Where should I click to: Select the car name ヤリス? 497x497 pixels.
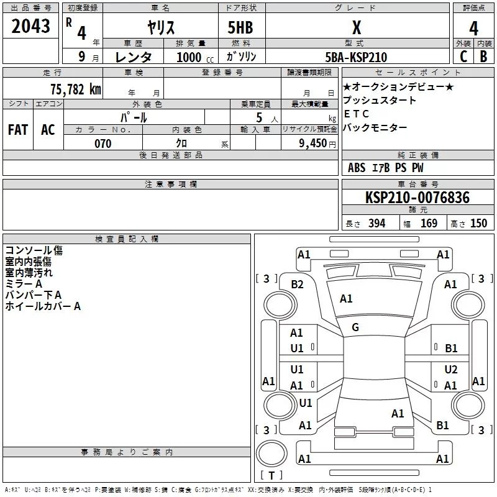(x=160, y=27)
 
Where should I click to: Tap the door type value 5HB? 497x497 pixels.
(x=241, y=27)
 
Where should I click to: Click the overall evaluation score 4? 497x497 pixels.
(x=473, y=27)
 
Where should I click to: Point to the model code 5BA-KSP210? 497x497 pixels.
(x=356, y=57)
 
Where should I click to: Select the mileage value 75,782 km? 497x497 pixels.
(x=75, y=89)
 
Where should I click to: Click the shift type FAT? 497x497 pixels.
(x=18, y=129)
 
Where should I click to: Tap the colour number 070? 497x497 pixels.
(x=103, y=144)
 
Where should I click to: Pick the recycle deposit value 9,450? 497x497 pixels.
(x=313, y=144)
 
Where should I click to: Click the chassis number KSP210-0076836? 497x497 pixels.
(x=417, y=198)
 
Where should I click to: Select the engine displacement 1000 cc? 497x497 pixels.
(x=193, y=57)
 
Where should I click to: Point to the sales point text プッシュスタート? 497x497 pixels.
(x=380, y=101)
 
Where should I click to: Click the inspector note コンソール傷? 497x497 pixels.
(x=34, y=250)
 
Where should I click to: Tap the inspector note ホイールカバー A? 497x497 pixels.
(x=43, y=306)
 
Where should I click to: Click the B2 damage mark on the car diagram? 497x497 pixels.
(x=297, y=284)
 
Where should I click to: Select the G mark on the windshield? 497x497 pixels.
(x=355, y=327)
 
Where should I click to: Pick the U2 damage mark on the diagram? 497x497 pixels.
(x=450, y=370)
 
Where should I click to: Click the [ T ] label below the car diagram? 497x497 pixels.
(x=271, y=475)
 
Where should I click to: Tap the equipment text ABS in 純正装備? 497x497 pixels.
(x=357, y=168)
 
